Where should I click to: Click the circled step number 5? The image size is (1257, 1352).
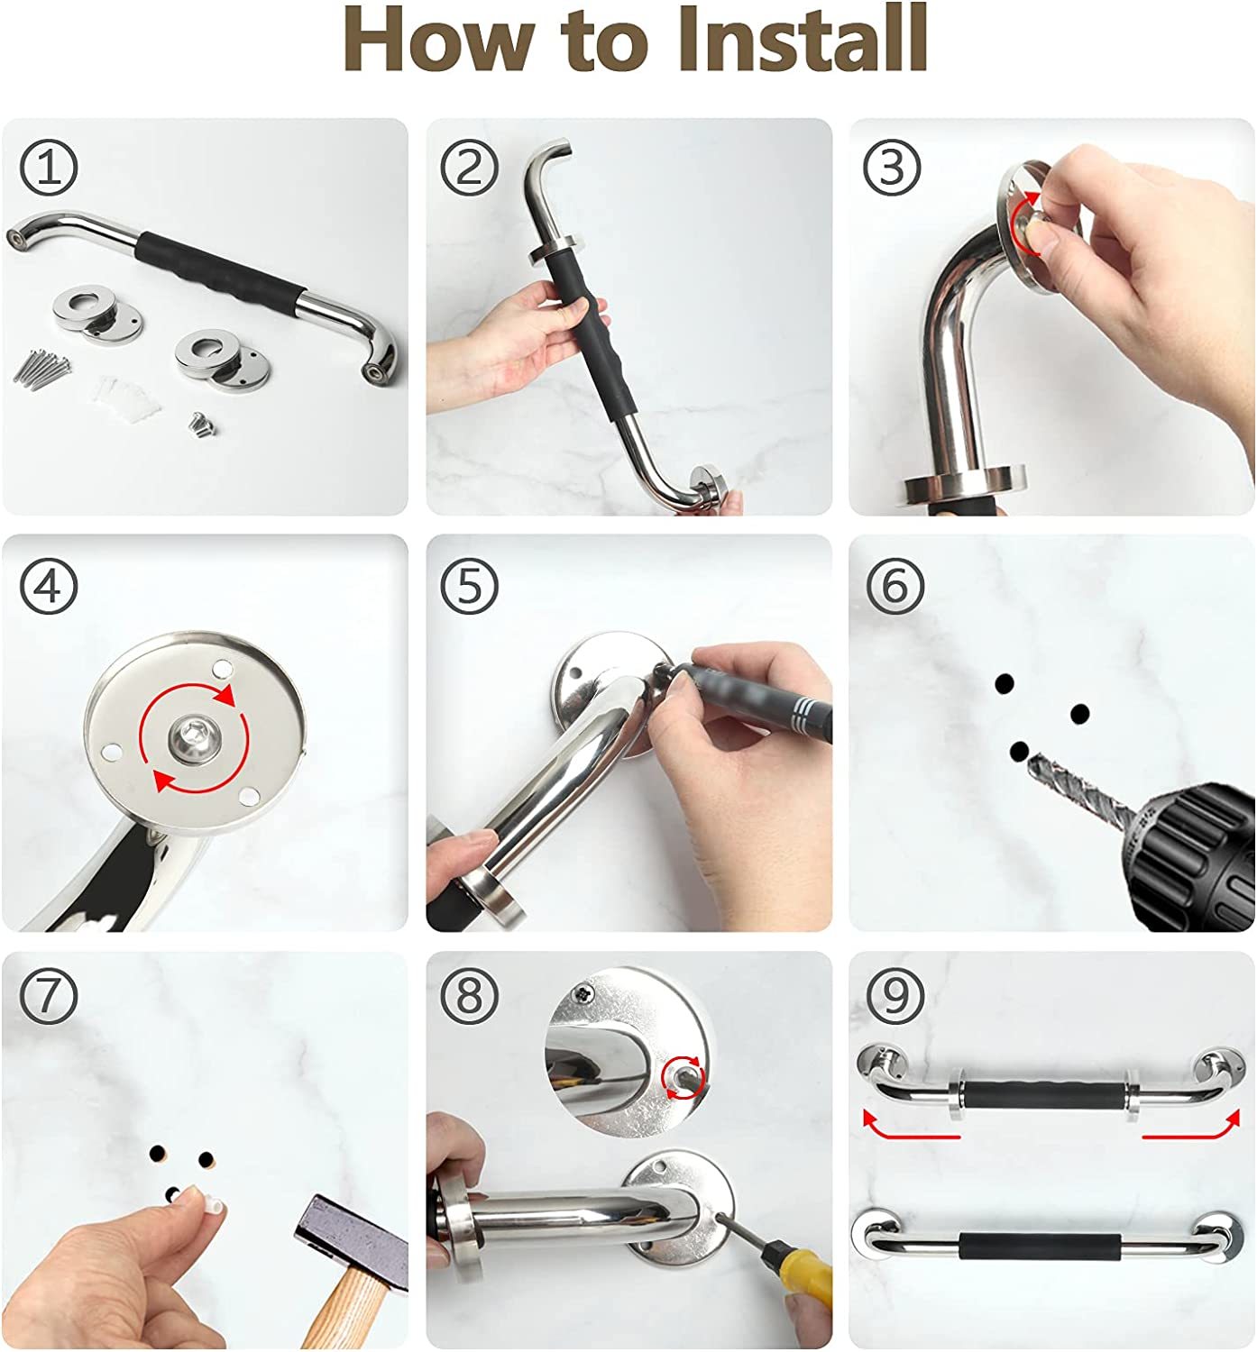coord(469,586)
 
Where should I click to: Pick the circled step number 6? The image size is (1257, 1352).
coord(895,586)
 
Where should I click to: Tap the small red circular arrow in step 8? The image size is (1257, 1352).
coord(683,1078)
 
